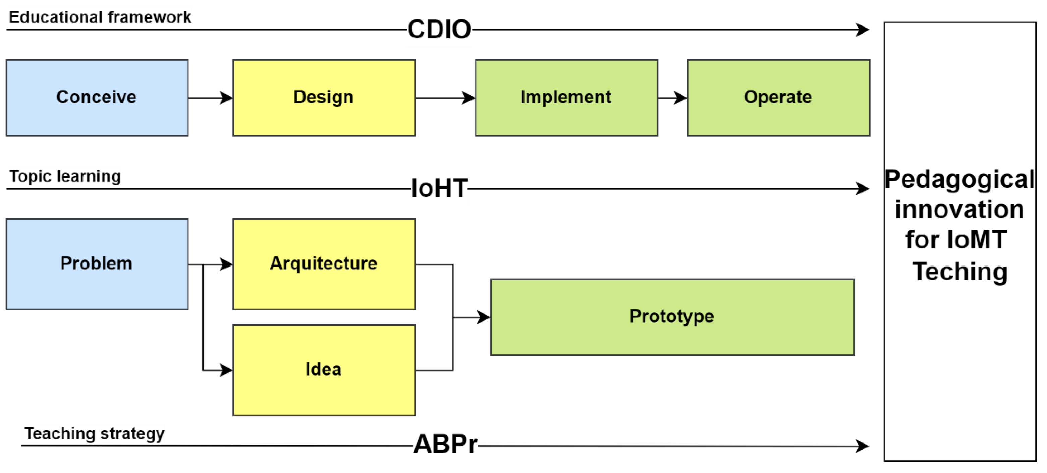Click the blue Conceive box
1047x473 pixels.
pyautogui.click(x=97, y=98)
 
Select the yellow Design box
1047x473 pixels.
pyautogui.click(x=324, y=98)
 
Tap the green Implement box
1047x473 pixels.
pyautogui.click(x=566, y=98)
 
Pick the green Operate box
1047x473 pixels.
pyautogui.click(x=778, y=98)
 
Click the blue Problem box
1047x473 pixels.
pyautogui.click(x=97, y=264)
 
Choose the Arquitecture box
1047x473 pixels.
pyautogui.click(x=324, y=264)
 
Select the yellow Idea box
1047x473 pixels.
pyautogui.click(x=324, y=370)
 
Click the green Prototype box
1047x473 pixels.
pyautogui.click(x=672, y=317)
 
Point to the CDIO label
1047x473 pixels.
pyautogui.click(x=439, y=29)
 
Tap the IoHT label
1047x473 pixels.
pyautogui.click(x=439, y=188)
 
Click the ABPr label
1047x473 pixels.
pyautogui.click(x=445, y=444)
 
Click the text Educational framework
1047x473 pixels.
pyautogui.click(x=100, y=17)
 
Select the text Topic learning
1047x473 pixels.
pyautogui.click(x=65, y=176)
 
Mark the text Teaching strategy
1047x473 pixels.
pyautogui.click(x=94, y=433)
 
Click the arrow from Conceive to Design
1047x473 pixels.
pyautogui.click(x=210, y=98)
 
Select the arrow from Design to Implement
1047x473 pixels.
pyautogui.click(x=445, y=98)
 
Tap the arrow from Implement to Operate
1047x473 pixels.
pyautogui.click(x=673, y=98)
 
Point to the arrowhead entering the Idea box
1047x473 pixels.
pyautogui.click(x=226, y=370)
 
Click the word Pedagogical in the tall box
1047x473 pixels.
pyautogui.click(x=959, y=179)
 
